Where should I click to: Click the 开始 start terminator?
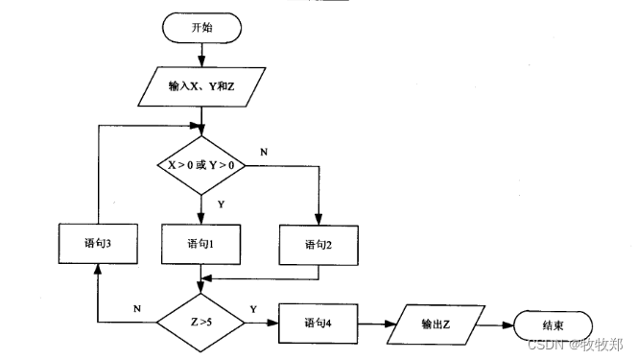201,28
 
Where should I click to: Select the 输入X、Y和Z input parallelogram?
201,85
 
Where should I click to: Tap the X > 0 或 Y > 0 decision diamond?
201,164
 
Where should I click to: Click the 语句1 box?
201,244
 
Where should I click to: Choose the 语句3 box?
96,244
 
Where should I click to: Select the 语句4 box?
318,323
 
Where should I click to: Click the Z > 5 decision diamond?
201,324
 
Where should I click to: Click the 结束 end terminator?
554,324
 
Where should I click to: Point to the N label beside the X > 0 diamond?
265,152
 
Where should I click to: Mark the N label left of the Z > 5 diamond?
136,310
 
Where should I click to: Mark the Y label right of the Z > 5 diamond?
252,310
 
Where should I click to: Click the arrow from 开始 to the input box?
201,56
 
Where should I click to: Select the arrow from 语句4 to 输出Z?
377,324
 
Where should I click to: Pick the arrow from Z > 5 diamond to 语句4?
261,324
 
